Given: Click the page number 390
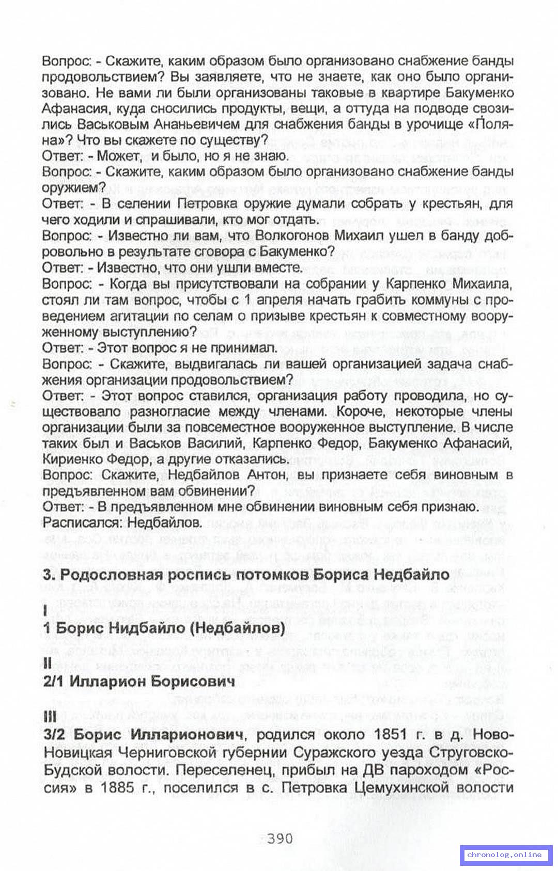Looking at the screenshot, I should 280,838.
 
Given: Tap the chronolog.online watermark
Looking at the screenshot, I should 504,855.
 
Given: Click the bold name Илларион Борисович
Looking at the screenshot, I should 152,681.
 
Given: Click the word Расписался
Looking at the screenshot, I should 81,522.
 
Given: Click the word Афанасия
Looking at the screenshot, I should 75,109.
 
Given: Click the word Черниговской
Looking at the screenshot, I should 171,753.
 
